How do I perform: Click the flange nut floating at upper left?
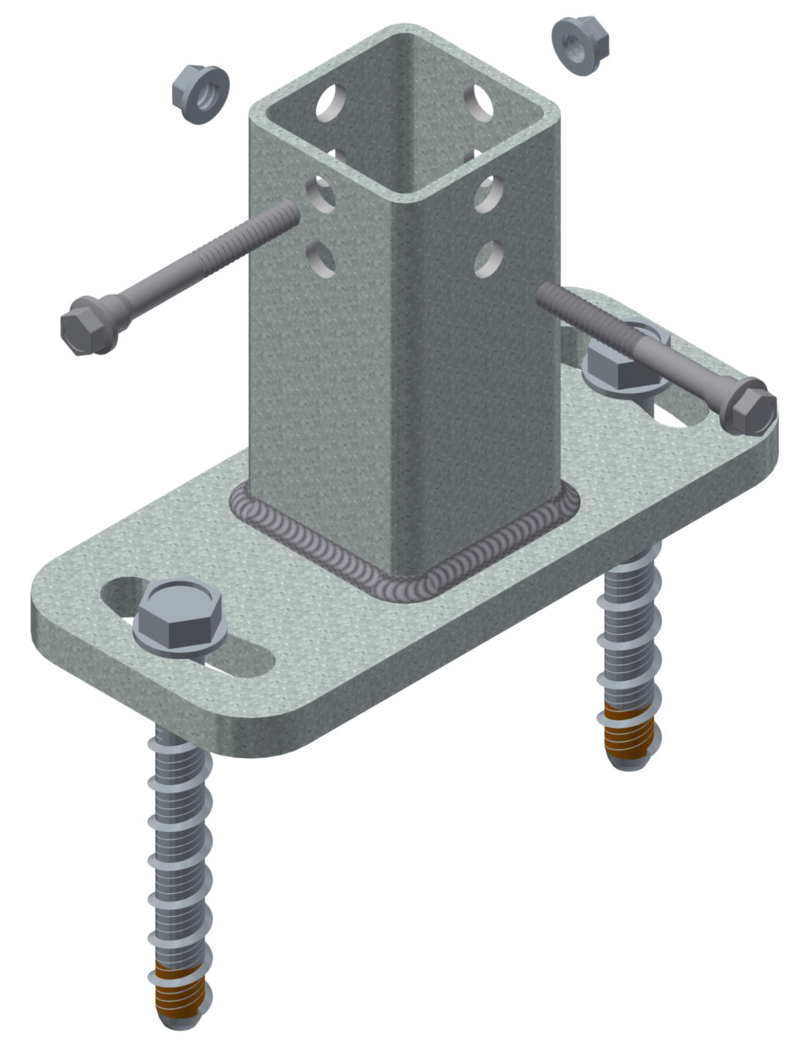click(x=200, y=93)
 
